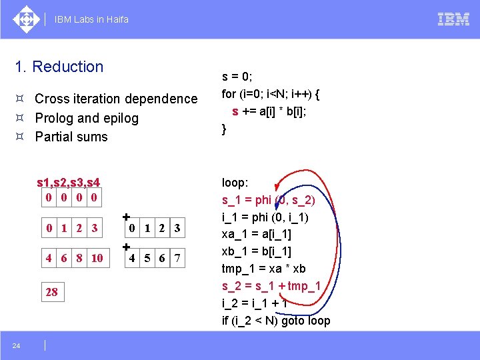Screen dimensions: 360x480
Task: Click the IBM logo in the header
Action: click(453, 19)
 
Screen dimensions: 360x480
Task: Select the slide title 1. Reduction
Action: click(59, 67)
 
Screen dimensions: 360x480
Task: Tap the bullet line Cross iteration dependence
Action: click(116, 99)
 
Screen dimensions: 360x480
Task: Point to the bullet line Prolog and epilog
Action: click(87, 118)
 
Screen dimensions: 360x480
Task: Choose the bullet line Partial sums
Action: click(71, 137)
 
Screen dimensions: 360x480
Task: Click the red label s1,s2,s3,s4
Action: click(69, 182)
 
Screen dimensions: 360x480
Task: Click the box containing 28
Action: click(51, 292)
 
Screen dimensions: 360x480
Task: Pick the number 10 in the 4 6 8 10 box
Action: click(97, 258)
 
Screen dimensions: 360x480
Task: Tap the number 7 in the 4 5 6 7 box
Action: click(177, 258)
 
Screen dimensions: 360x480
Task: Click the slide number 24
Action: click(15, 345)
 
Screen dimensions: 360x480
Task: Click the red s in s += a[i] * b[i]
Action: click(235, 111)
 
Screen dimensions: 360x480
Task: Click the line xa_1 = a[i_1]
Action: click(257, 234)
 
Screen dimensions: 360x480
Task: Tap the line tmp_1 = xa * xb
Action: click(263, 269)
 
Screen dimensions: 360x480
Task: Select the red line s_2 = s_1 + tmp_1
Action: click(271, 286)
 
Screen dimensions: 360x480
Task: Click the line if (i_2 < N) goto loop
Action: click(276, 321)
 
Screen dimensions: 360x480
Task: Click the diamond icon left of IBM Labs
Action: click(26, 19)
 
